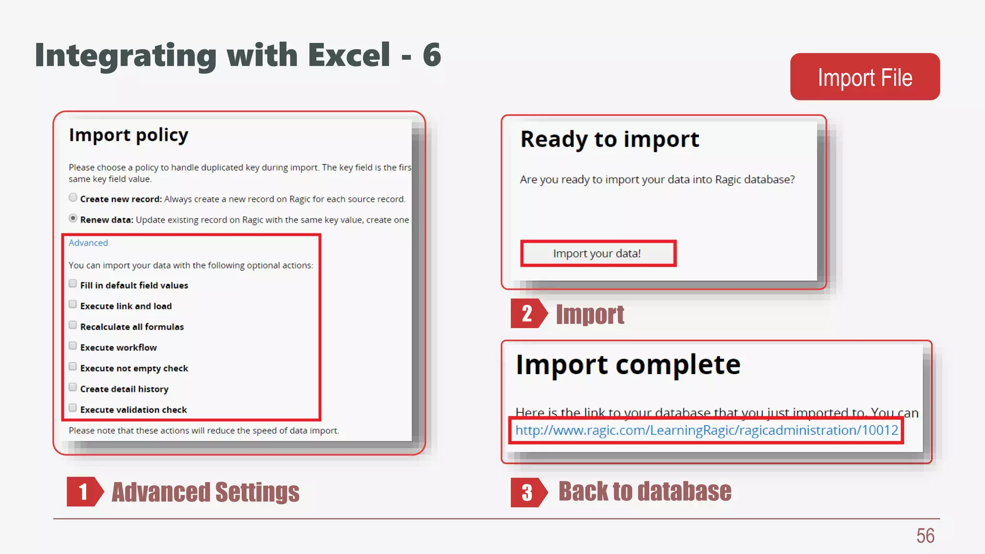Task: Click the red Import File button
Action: click(865, 77)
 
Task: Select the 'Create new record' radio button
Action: click(73, 198)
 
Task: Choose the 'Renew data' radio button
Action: click(73, 218)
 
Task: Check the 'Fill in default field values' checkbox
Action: click(73, 284)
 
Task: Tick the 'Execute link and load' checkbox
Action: click(73, 304)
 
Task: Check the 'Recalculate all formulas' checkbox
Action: click(73, 325)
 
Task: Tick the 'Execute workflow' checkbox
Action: click(73, 346)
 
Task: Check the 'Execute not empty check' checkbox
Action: click(73, 366)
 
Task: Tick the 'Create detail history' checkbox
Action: click(73, 387)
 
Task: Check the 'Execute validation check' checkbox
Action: click(73, 408)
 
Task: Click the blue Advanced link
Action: click(88, 243)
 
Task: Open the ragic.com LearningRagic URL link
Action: click(707, 430)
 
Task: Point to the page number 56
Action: click(925, 536)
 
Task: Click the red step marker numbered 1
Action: click(84, 491)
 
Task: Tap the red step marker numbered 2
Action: click(528, 314)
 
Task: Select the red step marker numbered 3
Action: click(528, 492)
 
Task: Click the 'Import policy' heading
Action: click(128, 135)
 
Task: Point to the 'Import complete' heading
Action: click(628, 365)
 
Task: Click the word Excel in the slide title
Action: click(349, 55)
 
